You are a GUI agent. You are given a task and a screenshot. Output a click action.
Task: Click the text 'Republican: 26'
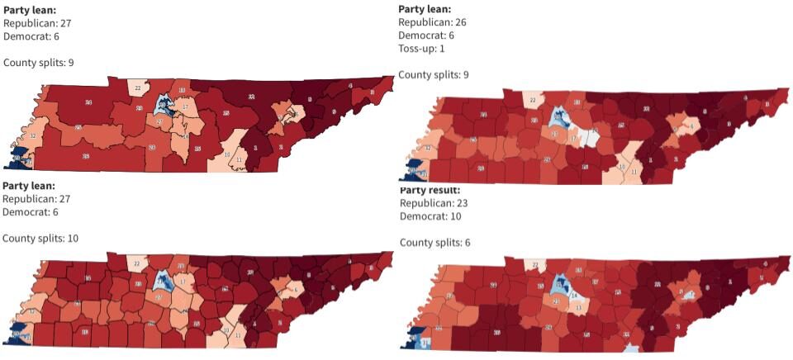tap(432, 22)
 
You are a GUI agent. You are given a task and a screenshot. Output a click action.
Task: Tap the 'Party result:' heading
tap(432, 190)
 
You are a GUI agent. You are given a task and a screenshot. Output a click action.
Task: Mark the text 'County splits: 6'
tap(433, 243)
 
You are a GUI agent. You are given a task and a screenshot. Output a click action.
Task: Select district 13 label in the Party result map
tap(577, 307)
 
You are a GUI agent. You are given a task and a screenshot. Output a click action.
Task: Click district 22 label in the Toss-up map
tap(533, 101)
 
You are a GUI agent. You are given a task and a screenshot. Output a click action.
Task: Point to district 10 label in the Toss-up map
tap(621, 167)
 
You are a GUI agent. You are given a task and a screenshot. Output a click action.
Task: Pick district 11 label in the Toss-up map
tap(634, 171)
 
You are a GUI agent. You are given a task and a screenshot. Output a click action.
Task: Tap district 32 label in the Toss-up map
tap(428, 148)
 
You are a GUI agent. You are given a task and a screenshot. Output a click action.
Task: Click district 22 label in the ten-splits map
tap(137, 263)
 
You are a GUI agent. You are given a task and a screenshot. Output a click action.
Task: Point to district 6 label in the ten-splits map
tap(295, 290)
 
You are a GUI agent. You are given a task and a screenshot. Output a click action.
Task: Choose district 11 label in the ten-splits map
tap(239, 334)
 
